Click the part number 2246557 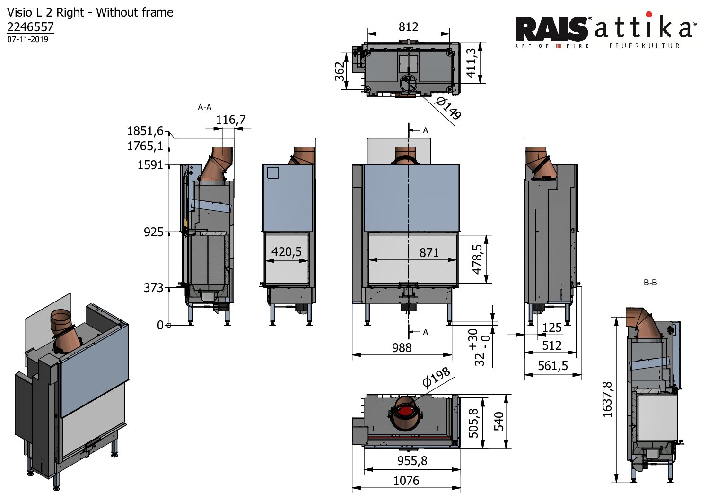30,27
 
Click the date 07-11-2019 27,39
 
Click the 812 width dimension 408,27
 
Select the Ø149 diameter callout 448,108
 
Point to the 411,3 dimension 472,63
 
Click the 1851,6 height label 145,131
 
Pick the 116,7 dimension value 231,120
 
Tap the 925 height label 154,232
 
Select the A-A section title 204,108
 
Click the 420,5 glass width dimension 287,252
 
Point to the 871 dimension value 429,253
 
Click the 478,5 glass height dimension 477,259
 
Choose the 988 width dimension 402,348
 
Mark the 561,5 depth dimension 552,366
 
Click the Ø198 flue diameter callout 436,377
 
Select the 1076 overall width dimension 406,481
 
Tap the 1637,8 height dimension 608,400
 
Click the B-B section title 650,283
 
